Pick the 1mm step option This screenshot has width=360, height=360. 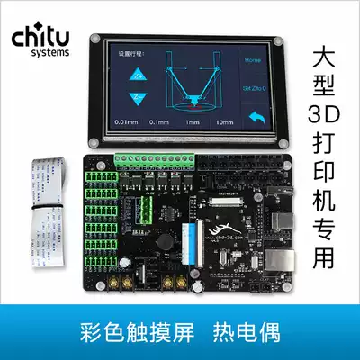coord(193,121)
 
